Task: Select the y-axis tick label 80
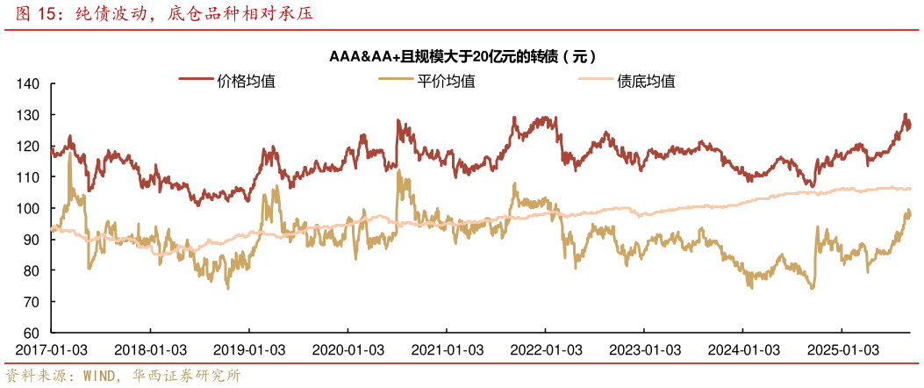33,270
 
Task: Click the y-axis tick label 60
33,333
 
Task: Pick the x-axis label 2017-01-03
52,348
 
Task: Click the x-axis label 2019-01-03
249,348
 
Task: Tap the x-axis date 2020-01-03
347,348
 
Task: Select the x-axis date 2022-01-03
545,348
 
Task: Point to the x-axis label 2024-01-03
742,348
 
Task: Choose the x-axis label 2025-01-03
841,348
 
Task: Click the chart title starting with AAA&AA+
462,57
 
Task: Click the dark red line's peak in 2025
905,114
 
